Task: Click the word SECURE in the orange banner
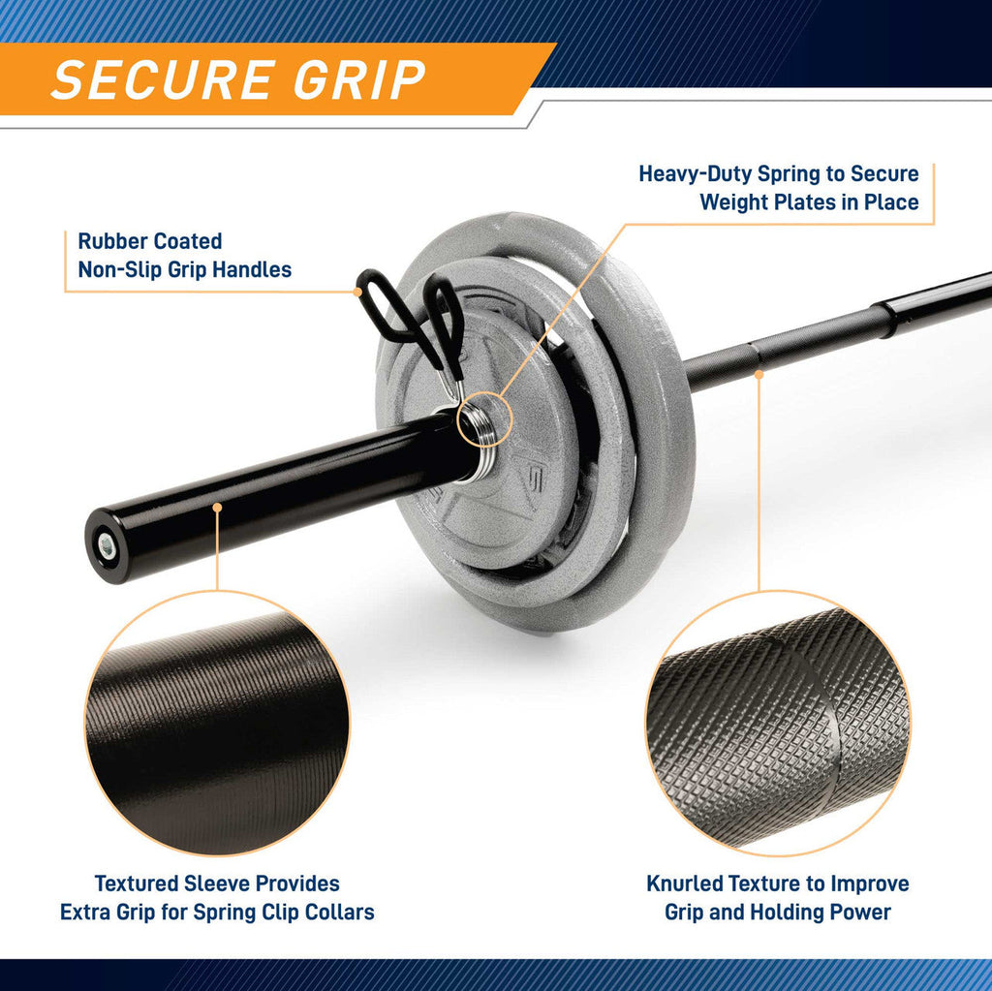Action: [x=164, y=79]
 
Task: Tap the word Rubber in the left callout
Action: [x=112, y=241]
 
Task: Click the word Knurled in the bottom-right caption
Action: [x=684, y=883]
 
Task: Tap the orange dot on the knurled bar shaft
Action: [x=759, y=375]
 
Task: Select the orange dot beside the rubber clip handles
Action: [x=358, y=292]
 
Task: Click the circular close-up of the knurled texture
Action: [x=778, y=723]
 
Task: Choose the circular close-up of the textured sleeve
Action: [x=217, y=723]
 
